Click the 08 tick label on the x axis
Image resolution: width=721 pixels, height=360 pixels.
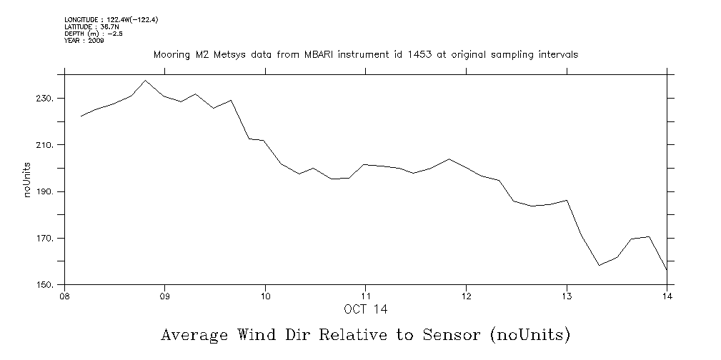pos(64,297)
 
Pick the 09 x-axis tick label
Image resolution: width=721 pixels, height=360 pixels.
pos(165,297)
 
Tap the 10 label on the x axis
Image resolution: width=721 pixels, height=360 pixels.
pos(265,297)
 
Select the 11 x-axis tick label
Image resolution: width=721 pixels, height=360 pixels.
pos(365,297)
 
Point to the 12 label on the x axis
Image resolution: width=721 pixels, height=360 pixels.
pos(466,297)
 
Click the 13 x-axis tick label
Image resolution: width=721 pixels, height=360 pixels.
pos(567,297)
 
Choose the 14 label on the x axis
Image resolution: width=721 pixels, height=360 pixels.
pos(667,297)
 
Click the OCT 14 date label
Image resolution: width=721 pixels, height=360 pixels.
pos(365,309)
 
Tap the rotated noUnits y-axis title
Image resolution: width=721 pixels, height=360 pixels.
pos(28,179)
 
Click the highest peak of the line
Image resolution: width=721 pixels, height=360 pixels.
pos(146,80)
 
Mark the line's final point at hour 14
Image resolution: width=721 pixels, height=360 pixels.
pos(666,269)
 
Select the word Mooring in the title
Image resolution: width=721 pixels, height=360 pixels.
pos(171,54)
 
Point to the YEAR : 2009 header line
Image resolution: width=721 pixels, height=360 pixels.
pos(84,41)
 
